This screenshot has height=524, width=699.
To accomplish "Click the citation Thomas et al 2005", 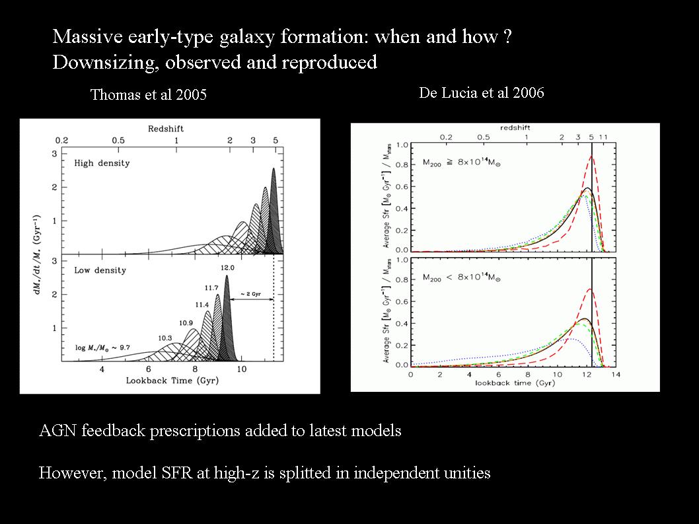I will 148,95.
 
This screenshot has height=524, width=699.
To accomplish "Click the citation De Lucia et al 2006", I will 481,93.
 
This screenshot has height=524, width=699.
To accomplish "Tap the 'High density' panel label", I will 102,163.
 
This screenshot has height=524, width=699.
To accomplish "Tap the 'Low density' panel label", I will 100,270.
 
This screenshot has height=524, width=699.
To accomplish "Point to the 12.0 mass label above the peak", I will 228,268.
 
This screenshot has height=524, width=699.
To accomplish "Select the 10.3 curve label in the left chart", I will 165,338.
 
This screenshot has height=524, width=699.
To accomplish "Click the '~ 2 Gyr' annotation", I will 250,293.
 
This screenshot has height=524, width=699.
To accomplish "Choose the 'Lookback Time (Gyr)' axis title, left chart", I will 169,381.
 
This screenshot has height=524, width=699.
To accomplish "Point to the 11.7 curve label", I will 212,287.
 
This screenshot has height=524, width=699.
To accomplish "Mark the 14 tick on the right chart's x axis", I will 615,375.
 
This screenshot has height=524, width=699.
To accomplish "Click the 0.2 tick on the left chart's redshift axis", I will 61,141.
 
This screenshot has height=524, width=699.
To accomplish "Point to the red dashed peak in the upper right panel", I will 591,157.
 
